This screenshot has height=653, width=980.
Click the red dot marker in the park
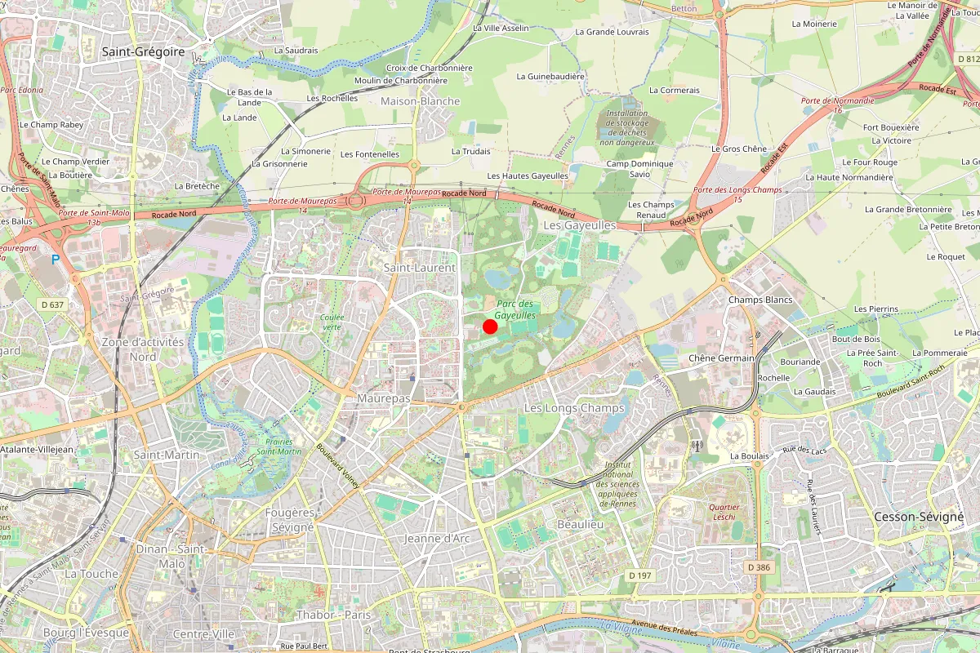click(x=490, y=326)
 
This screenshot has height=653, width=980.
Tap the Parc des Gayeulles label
click(x=515, y=309)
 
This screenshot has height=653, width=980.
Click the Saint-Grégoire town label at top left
click(x=141, y=51)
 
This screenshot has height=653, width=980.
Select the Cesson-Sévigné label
click(x=919, y=517)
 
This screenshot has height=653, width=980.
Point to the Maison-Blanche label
click(x=421, y=101)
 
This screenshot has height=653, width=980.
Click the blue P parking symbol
click(x=56, y=260)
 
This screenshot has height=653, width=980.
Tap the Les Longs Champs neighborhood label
click(x=573, y=407)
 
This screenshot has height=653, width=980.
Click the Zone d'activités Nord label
click(x=143, y=349)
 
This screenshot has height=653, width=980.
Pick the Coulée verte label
click(x=332, y=322)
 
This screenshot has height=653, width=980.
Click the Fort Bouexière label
click(x=891, y=127)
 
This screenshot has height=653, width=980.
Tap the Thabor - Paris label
click(x=333, y=615)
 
